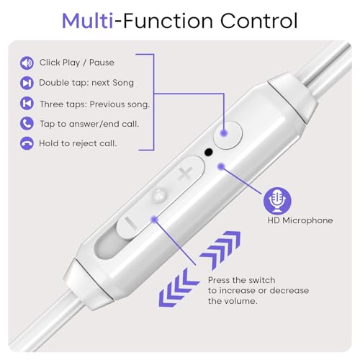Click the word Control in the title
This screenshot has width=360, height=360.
click(257, 19)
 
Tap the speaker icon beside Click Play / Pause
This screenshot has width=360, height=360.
click(27, 63)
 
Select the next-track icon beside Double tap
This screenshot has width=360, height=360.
click(27, 83)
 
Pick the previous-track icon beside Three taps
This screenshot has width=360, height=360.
click(27, 103)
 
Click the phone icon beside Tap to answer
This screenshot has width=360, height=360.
click(27, 123)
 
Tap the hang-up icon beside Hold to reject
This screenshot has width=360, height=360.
click(27, 143)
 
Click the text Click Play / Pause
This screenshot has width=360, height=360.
click(76, 63)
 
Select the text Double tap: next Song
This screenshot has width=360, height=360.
click(86, 83)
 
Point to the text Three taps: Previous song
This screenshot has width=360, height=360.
click(94, 103)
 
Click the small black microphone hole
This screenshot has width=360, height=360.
click(209, 153)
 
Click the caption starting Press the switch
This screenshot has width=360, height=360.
click(258, 290)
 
